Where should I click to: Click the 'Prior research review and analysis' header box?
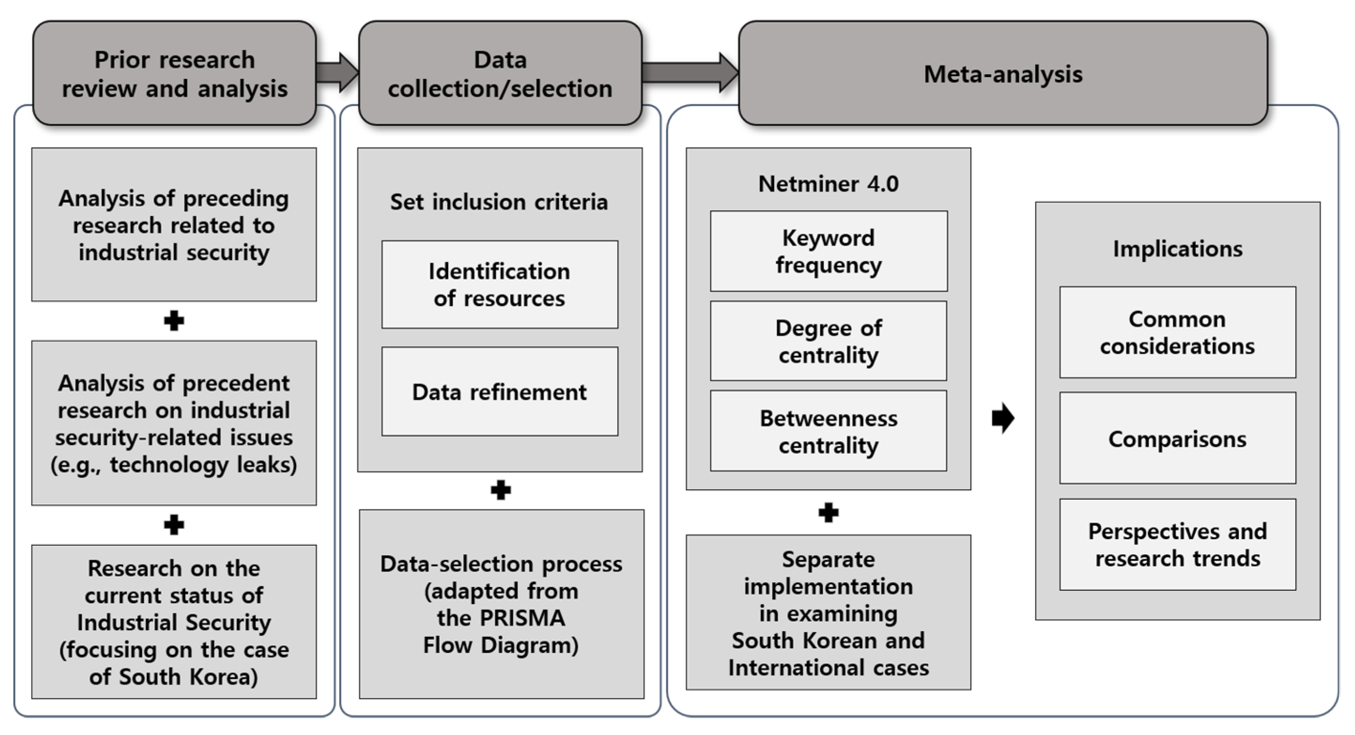(x=174, y=73)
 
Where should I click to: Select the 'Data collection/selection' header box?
(x=500, y=73)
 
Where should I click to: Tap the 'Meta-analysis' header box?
(x=1003, y=73)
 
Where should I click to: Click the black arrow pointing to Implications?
(x=1002, y=418)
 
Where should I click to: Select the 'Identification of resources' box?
(x=500, y=285)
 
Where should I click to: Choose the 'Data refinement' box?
(x=500, y=391)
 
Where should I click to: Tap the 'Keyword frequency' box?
(x=829, y=251)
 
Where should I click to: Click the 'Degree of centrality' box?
(x=829, y=341)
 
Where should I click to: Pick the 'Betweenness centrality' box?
(x=829, y=431)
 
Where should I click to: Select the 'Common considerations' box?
(x=1178, y=333)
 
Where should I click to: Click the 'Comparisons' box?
(x=1178, y=438)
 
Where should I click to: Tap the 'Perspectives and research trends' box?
(x=1178, y=544)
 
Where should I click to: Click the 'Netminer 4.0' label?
(x=829, y=184)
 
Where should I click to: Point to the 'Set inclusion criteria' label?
(x=499, y=202)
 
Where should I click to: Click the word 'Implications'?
(x=1178, y=249)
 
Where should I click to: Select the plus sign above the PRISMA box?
(x=500, y=490)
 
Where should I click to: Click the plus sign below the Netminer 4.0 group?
(x=829, y=512)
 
